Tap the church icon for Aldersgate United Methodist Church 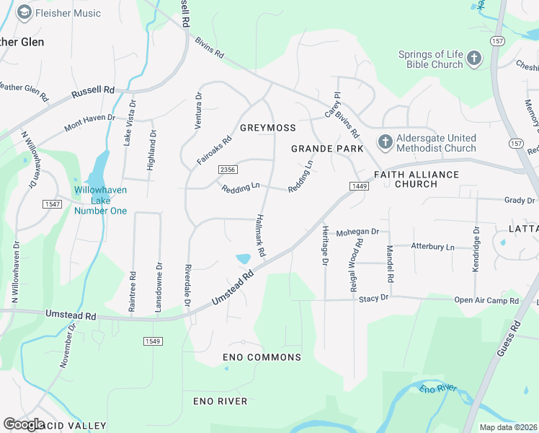385,143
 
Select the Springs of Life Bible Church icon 473,59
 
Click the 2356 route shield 228,169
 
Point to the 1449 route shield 360,187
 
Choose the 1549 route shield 152,341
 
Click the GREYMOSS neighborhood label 267,128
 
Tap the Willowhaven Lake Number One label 100,201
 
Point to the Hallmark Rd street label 260,237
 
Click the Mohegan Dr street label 357,232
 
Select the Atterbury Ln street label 432,247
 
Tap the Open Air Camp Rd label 486,299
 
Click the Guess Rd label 508,339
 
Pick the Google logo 24,424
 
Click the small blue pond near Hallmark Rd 244,258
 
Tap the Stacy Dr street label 373,297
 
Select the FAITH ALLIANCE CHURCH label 416,179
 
